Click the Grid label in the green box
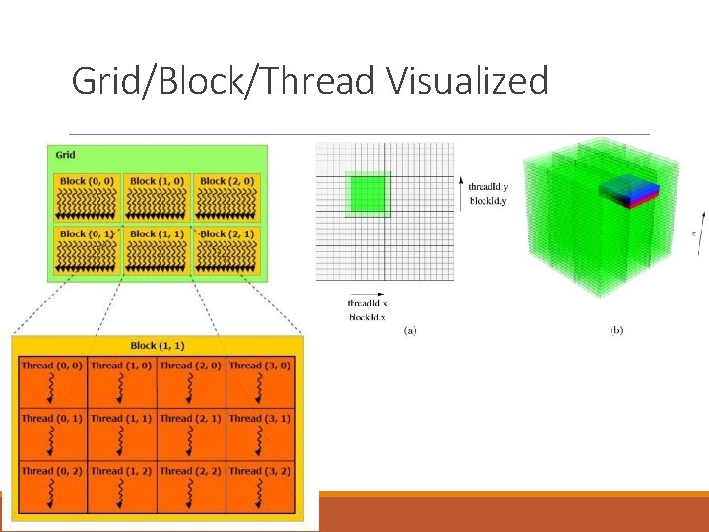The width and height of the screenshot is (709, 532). (66, 155)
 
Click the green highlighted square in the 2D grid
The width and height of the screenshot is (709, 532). (367, 193)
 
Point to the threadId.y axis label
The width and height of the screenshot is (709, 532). (487, 185)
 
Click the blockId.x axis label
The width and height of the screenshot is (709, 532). (367, 316)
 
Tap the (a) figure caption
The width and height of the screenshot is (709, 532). (410, 329)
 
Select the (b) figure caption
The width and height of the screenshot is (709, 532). (615, 329)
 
